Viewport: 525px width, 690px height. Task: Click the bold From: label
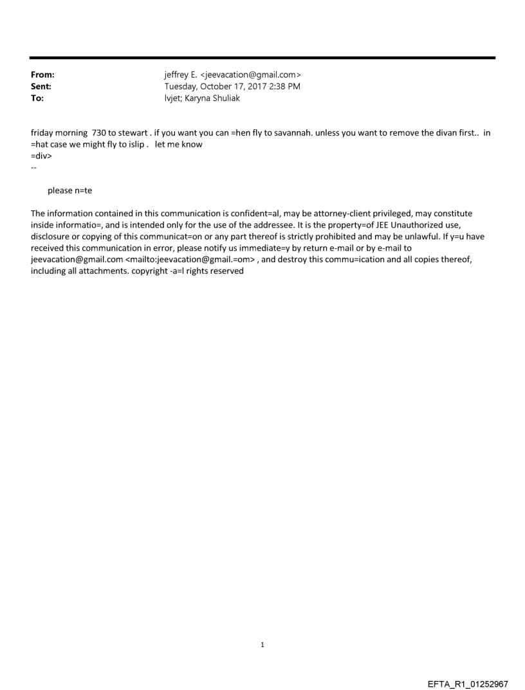point(42,75)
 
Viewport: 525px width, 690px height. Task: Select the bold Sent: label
point(41,87)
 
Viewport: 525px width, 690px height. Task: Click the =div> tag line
point(41,156)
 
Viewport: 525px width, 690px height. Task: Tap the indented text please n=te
point(69,190)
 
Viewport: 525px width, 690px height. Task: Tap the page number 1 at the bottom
point(262,645)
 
